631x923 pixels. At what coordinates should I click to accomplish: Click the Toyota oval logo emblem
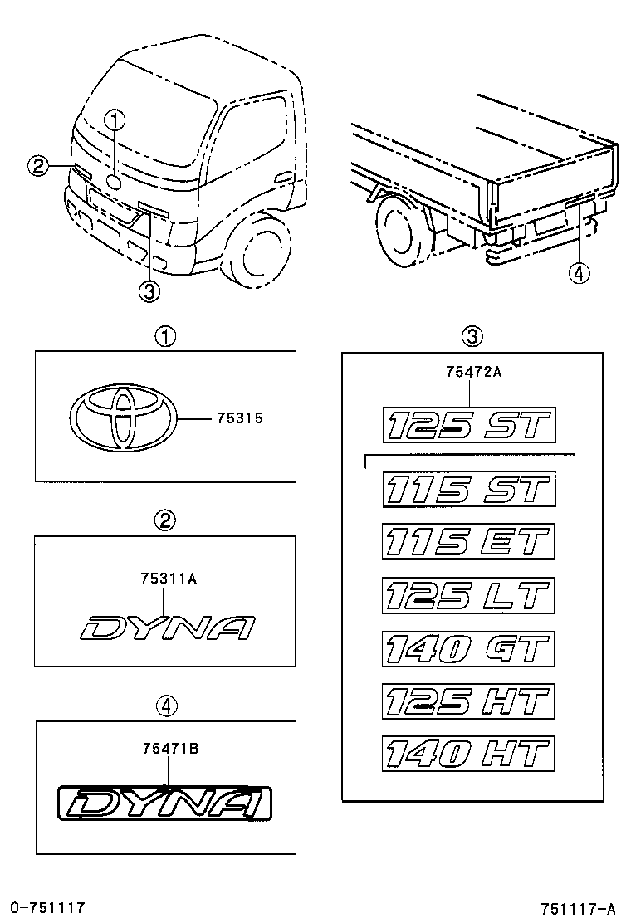tap(122, 418)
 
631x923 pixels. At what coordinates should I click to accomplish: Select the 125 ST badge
tap(468, 426)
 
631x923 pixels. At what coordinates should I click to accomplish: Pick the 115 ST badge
tap(468, 490)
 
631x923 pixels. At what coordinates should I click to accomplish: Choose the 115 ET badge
tap(468, 542)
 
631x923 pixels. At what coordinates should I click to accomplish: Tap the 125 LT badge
tap(468, 595)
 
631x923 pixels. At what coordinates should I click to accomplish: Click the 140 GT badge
tap(468, 648)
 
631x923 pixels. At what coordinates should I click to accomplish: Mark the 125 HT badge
tap(468, 701)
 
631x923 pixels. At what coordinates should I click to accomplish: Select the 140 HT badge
tap(468, 754)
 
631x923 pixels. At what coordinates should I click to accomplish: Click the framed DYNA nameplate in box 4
tap(165, 804)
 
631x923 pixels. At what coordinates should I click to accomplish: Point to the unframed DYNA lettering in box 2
tap(166, 628)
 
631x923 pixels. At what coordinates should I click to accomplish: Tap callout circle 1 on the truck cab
tap(115, 120)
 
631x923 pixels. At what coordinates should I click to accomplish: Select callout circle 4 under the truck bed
tap(580, 272)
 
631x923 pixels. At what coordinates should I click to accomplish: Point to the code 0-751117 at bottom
tap(47, 907)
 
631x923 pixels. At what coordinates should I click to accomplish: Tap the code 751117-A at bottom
tap(579, 907)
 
